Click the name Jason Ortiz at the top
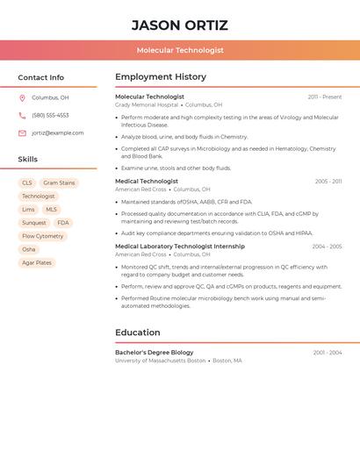click(180, 25)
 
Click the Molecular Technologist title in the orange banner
click(180, 51)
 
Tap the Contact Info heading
click(40, 77)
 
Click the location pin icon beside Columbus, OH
click(22, 98)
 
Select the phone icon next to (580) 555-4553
click(22, 116)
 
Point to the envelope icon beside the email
click(22, 133)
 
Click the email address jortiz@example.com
click(58, 133)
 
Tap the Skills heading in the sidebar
click(28, 160)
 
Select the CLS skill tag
click(27, 183)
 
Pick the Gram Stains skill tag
click(60, 183)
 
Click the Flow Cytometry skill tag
click(43, 236)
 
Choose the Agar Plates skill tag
click(37, 262)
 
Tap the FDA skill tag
click(63, 223)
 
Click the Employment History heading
click(161, 77)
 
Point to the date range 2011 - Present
click(325, 97)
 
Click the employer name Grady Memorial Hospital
click(147, 105)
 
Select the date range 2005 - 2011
click(328, 182)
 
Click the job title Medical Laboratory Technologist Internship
click(180, 247)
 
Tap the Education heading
click(138, 333)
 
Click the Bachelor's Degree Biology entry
click(155, 353)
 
